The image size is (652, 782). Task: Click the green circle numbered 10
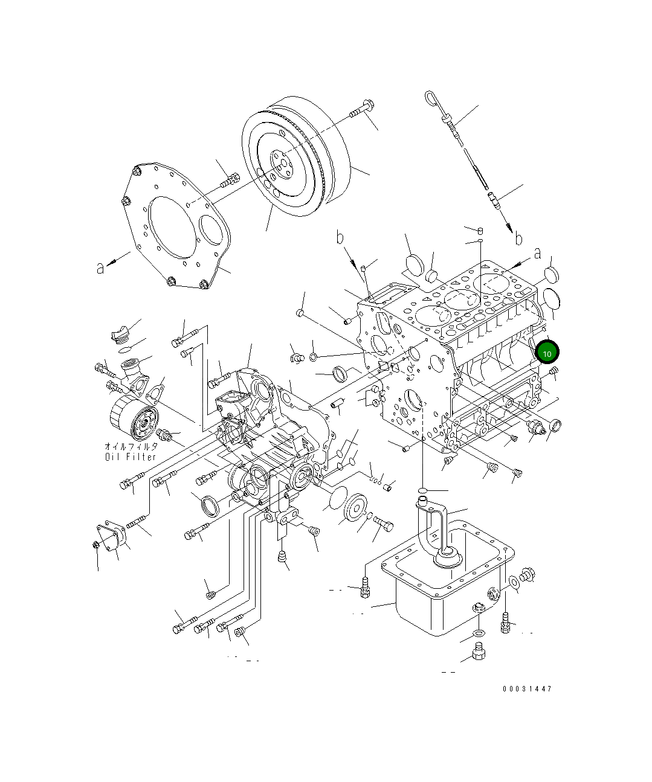click(x=547, y=353)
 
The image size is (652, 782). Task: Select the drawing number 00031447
click(x=526, y=688)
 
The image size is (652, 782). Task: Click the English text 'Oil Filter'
click(x=131, y=457)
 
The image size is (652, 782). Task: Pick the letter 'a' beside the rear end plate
click(x=100, y=267)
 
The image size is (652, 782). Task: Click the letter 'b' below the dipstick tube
click(x=518, y=239)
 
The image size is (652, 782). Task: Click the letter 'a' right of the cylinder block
click(x=537, y=254)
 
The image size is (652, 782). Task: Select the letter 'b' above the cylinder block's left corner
click(x=340, y=237)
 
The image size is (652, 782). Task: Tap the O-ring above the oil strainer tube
click(x=424, y=489)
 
